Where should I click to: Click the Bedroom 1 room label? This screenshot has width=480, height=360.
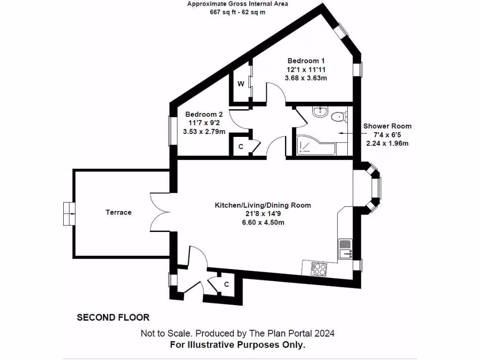[x=306, y=60]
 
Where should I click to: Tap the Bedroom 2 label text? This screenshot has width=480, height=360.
[x=204, y=114]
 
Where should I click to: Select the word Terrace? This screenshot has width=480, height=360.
[x=119, y=212]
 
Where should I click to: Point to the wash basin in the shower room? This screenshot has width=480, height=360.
[x=320, y=112]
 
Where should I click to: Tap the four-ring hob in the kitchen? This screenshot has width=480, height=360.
[x=319, y=269]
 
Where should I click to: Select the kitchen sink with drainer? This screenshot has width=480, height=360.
[x=345, y=249]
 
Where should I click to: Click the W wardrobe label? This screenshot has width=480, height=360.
[x=241, y=84]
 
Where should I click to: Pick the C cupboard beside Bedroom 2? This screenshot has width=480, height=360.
[x=240, y=147]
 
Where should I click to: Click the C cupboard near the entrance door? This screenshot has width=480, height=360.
[x=226, y=285]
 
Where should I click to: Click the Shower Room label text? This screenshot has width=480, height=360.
[x=387, y=126]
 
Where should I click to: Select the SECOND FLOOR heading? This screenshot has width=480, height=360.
[x=113, y=317]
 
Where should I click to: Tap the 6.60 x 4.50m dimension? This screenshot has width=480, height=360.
[x=263, y=222]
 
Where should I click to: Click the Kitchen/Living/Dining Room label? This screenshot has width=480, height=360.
[x=263, y=205]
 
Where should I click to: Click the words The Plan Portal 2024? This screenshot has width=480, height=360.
[x=292, y=333]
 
